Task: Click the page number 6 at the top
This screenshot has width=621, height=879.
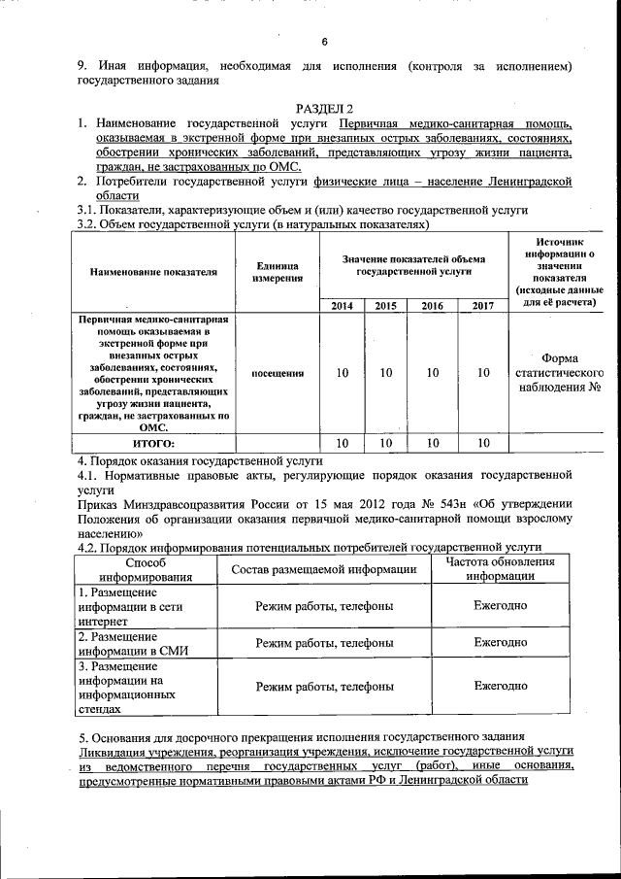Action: pyautogui.click(x=325, y=41)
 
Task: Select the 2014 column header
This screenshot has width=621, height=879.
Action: pyautogui.click(x=343, y=306)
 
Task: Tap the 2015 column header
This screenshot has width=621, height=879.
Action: pyautogui.click(x=385, y=306)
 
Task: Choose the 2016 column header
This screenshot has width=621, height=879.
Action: pyautogui.click(x=433, y=306)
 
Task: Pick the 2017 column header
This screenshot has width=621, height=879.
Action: pyautogui.click(x=482, y=306)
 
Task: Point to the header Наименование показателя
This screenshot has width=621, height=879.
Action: pyautogui.click(x=154, y=272)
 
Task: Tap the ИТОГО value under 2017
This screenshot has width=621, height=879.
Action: pyautogui.click(x=482, y=443)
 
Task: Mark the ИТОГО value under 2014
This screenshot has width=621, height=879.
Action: pyautogui.click(x=343, y=443)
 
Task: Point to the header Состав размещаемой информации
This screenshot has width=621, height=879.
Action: pyautogui.click(x=323, y=569)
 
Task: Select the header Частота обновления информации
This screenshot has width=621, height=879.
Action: pyautogui.click(x=501, y=569)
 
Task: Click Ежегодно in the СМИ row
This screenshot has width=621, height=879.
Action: pyautogui.click(x=501, y=642)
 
